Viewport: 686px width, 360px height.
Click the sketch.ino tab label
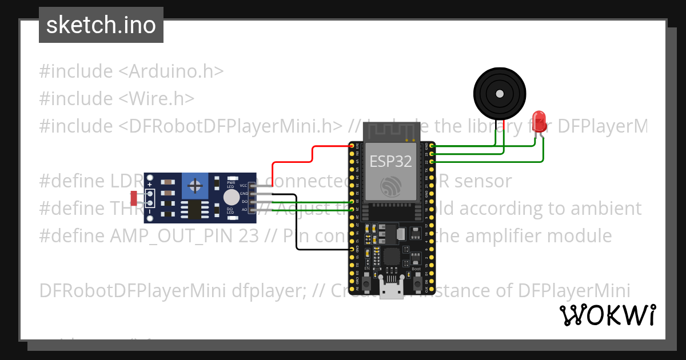click(101, 25)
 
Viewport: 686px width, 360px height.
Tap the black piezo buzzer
click(500, 93)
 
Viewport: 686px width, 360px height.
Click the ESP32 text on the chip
click(390, 161)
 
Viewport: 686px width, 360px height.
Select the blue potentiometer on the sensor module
click(196, 186)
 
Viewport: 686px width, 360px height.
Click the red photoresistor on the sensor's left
click(134, 198)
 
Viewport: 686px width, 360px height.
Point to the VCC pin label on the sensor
click(244, 186)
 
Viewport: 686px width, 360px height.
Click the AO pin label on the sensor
click(244, 210)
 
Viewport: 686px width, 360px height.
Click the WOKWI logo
click(607, 315)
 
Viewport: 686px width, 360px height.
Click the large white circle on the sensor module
click(231, 197)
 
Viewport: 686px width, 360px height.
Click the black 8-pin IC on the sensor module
click(195, 209)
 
